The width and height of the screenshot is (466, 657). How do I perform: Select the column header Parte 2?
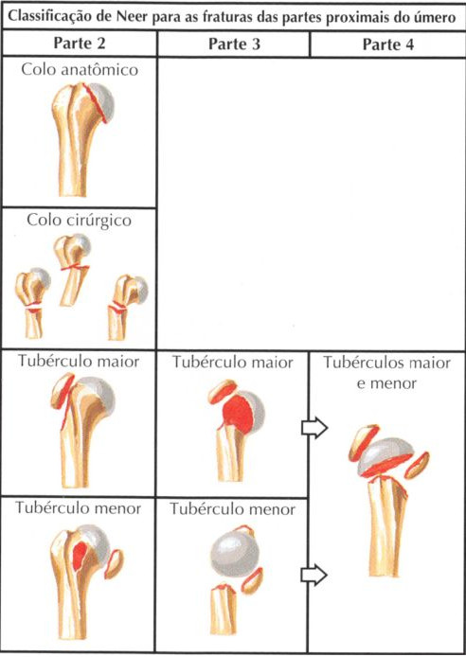pyautogui.click(x=80, y=44)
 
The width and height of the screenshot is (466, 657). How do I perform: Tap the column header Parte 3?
pyautogui.click(x=234, y=44)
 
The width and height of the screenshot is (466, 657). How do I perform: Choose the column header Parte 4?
pyautogui.click(x=388, y=44)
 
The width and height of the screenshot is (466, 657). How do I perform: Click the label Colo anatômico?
pyautogui.click(x=80, y=69)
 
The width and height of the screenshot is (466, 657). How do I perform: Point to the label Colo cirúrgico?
pyautogui.click(x=79, y=220)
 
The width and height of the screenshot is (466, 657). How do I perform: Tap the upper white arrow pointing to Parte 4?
pyautogui.click(x=314, y=428)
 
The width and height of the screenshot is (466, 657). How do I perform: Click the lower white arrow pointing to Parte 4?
pyautogui.click(x=314, y=575)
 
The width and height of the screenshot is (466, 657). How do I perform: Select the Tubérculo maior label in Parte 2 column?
pyautogui.click(x=79, y=362)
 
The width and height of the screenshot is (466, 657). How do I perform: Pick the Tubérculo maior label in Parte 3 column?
pyautogui.click(x=233, y=362)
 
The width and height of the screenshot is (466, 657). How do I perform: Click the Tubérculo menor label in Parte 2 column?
pyautogui.click(x=78, y=507)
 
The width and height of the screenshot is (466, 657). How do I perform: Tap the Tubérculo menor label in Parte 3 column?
pyautogui.click(x=232, y=509)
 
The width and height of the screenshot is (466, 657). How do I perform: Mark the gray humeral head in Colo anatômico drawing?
pyautogui.click(x=102, y=102)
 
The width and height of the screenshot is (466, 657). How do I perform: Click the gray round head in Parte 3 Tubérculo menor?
pyautogui.click(x=234, y=554)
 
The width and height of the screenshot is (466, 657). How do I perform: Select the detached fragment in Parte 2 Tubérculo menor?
pyautogui.click(x=114, y=564)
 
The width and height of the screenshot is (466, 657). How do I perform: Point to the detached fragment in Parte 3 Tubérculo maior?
pyautogui.click(x=223, y=392)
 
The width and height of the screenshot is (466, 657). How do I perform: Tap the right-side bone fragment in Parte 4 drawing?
pyautogui.click(x=417, y=466)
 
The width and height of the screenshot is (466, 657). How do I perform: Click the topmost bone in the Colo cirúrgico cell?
pyautogui.click(x=73, y=268)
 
